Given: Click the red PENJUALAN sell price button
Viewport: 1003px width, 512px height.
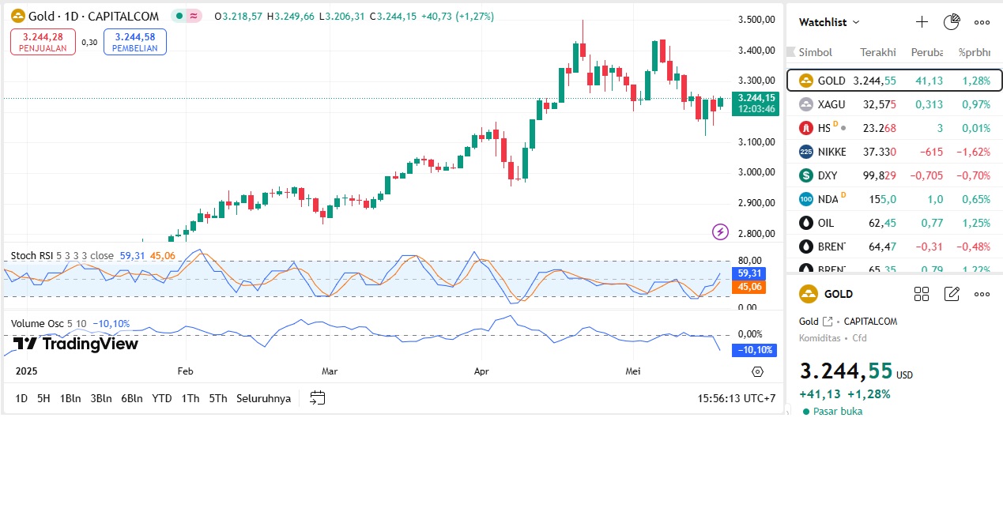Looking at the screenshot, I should click(43, 42).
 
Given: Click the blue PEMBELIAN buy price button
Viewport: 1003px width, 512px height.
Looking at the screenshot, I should click(134, 42).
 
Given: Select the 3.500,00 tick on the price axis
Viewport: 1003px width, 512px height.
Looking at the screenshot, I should click(755, 20).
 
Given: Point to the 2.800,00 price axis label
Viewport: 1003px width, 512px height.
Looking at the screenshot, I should click(755, 233).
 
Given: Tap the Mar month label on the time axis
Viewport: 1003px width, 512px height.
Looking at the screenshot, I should click(330, 371).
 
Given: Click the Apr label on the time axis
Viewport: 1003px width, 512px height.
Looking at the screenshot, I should click(481, 371).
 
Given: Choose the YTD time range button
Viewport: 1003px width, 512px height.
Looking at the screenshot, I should click(162, 398).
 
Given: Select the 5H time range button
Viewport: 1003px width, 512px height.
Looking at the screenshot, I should click(43, 398).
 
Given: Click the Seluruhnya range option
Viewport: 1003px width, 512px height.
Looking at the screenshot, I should click(263, 398).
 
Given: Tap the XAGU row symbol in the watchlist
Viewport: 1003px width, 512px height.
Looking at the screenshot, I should click(831, 104).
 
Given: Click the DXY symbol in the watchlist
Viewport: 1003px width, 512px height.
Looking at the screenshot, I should click(828, 175).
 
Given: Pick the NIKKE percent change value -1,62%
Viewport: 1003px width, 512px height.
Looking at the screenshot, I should click(975, 152).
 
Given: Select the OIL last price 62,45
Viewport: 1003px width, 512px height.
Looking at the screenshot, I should click(882, 223).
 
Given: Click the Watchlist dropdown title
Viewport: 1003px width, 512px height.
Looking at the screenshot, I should click(829, 22).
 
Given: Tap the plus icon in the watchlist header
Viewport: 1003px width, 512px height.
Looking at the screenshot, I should click(922, 22).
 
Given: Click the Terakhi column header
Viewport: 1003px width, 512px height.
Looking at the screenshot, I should click(877, 52).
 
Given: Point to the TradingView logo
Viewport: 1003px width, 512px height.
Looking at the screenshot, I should click(77, 344).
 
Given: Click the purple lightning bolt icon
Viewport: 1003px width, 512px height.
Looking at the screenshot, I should click(720, 232).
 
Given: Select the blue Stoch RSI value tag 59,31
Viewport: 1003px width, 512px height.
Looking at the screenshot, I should click(748, 273).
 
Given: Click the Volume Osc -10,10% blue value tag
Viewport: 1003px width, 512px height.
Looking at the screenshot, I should click(754, 350).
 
